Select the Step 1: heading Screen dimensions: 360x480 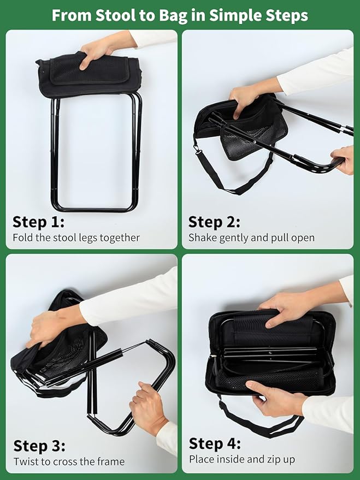click(39, 222)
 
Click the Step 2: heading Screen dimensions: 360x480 click(214, 222)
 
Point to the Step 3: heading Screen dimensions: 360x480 click(39, 446)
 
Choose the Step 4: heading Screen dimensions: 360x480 click(215, 443)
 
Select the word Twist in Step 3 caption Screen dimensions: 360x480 click(25, 461)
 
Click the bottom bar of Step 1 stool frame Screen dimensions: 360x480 click(95, 210)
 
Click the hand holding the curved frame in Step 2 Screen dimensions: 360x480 click(344, 159)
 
